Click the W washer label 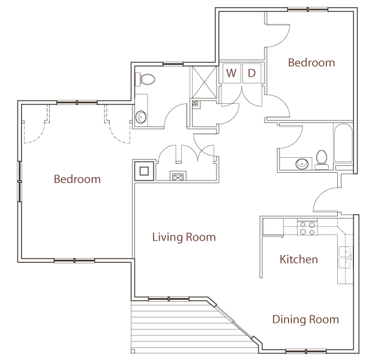click(x=231, y=73)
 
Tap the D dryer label click(x=252, y=73)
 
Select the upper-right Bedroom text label click(x=311, y=62)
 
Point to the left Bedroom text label click(x=77, y=179)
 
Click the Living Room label click(x=184, y=237)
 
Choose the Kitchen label click(x=299, y=259)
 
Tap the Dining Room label click(x=305, y=319)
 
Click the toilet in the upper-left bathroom click(x=146, y=79)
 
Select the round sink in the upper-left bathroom click(x=141, y=117)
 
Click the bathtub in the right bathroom click(x=344, y=144)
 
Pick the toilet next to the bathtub click(x=322, y=158)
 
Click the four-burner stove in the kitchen click(x=308, y=228)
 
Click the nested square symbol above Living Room click(x=144, y=170)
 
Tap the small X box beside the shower click(x=195, y=103)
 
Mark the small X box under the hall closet click(x=178, y=176)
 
